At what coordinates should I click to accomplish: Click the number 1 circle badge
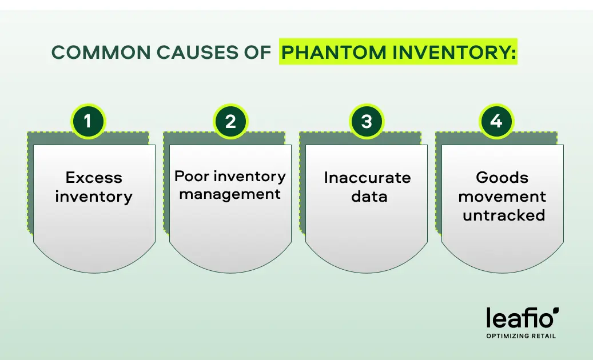(x=87, y=121)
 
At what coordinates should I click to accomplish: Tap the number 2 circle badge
(x=230, y=121)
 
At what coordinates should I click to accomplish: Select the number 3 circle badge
(x=366, y=121)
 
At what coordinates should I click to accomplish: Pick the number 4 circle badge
(x=496, y=121)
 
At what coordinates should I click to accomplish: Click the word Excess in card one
(x=94, y=178)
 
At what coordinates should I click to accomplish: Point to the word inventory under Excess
(x=94, y=197)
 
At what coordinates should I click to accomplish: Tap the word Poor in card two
(x=192, y=176)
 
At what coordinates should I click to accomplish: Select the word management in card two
(x=230, y=194)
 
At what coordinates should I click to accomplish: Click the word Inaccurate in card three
(x=367, y=178)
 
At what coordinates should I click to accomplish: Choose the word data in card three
(x=369, y=197)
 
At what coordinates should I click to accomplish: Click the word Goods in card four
(x=502, y=178)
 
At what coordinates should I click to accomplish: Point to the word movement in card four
(x=502, y=197)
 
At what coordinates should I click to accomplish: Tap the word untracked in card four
(x=504, y=215)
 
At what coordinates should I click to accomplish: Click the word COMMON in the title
(x=101, y=52)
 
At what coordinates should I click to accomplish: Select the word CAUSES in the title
(x=197, y=52)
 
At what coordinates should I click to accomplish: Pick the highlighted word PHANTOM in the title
(x=334, y=52)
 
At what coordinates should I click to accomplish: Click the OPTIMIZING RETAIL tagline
(x=521, y=336)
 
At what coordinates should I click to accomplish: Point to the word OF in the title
(x=257, y=52)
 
